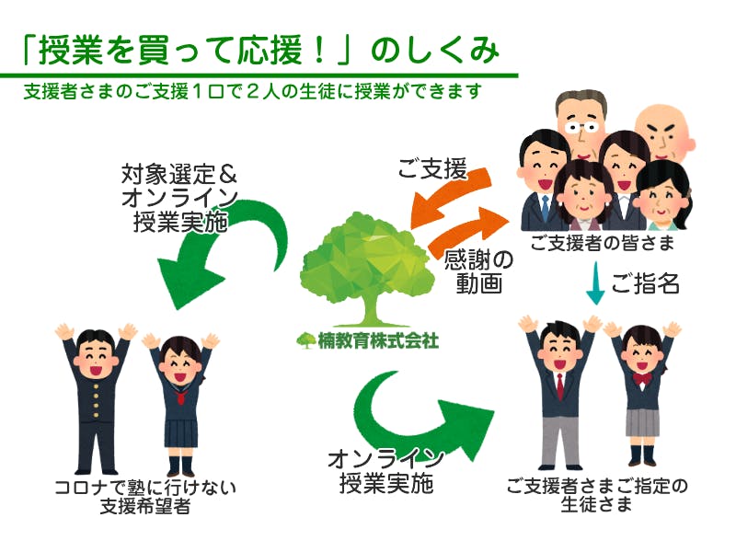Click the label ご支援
(x=431, y=169)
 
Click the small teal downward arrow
(x=595, y=284)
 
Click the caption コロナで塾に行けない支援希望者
(x=144, y=497)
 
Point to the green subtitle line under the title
(x=254, y=92)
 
